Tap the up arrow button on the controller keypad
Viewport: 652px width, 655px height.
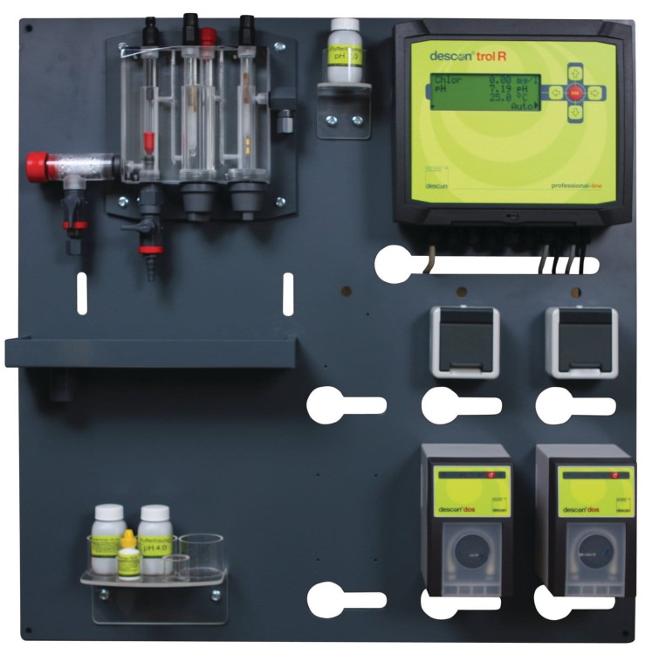point(575,71)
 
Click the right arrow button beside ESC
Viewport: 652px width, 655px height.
point(594,91)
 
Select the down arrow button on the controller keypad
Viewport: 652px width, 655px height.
point(575,112)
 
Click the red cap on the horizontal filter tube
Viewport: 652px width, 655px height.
point(38,163)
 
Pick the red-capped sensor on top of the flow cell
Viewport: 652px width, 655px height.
point(209,37)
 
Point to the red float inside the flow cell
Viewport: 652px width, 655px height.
point(149,140)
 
